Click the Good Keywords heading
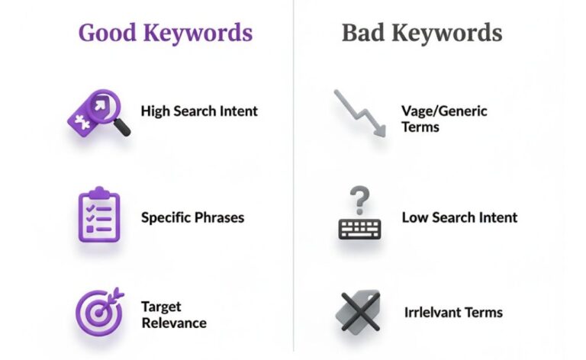point(165,33)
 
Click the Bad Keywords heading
point(421,33)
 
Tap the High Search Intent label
point(199,111)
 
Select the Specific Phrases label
point(192,217)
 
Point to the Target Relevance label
point(173,314)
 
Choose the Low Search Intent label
point(459,217)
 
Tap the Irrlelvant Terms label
point(453,313)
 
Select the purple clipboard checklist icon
point(99,215)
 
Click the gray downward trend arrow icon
point(359,112)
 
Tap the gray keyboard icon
point(359,227)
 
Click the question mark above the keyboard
point(359,199)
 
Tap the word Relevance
point(173,323)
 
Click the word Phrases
point(217,217)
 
